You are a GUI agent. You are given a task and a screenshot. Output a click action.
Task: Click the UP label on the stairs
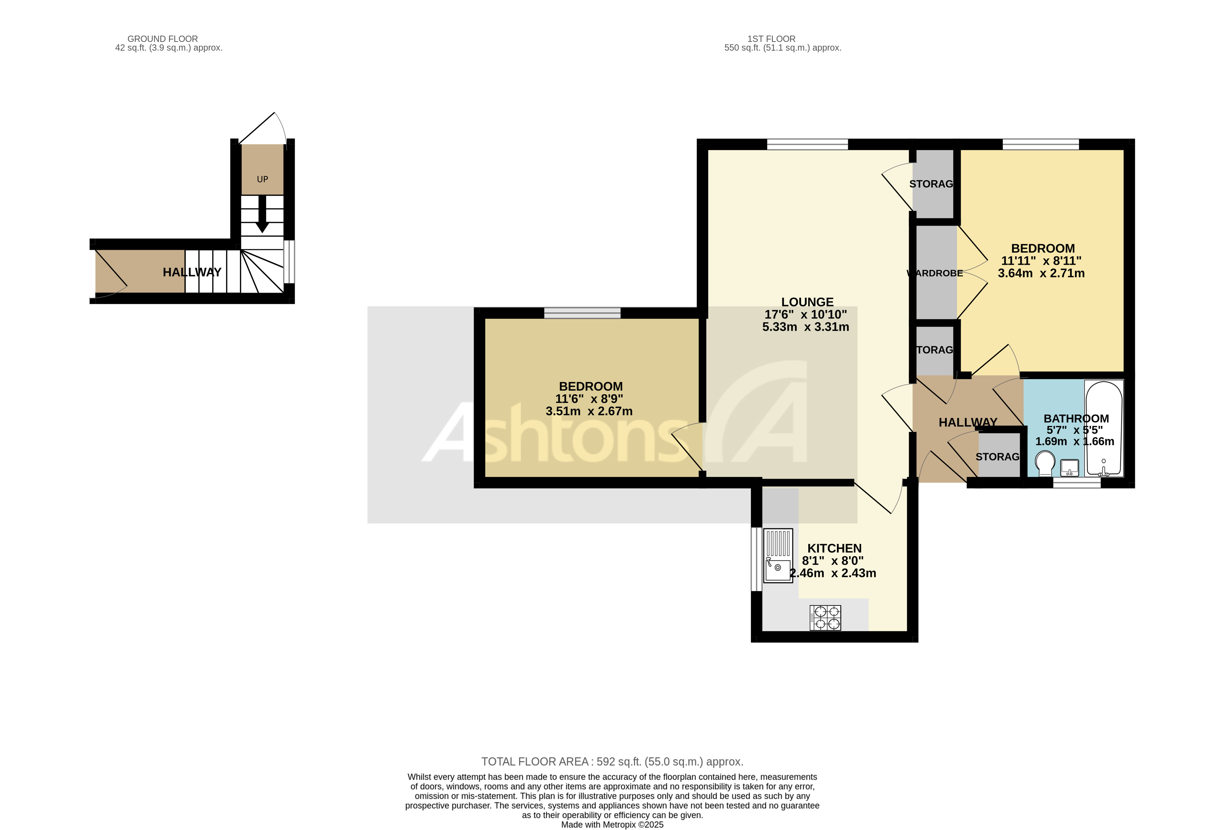[x=262, y=179]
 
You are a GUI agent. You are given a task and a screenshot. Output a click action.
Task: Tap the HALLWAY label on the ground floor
[x=192, y=272]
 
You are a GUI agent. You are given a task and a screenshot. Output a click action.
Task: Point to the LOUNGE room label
[x=807, y=302]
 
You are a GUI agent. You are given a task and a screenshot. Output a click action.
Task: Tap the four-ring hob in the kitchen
[x=825, y=618]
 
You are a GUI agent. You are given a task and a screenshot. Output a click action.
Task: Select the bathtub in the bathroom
[x=1103, y=428]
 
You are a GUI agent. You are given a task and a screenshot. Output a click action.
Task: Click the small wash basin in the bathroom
[x=1070, y=467]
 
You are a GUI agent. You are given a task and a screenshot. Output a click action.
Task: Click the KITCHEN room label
[x=834, y=549]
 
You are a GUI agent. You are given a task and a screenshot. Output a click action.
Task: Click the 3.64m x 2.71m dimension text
[x=1041, y=273]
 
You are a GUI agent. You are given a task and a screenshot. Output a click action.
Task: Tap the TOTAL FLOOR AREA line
[x=612, y=762]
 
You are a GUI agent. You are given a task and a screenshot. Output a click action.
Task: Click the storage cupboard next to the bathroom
[x=998, y=456]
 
